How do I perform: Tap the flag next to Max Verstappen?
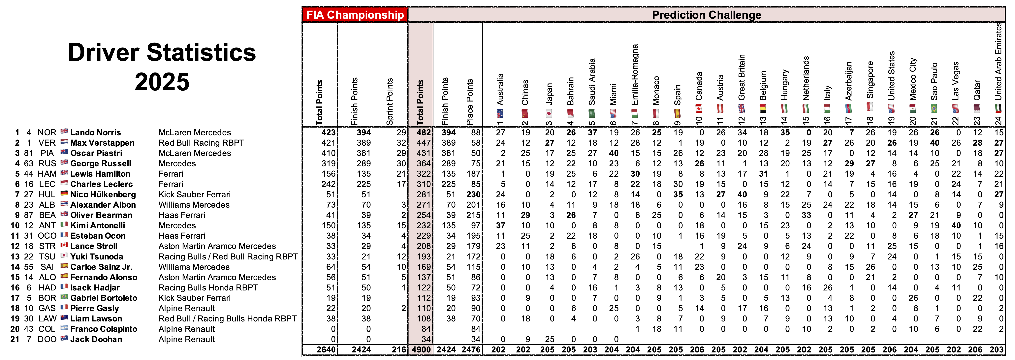(64, 142)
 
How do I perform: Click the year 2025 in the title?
(162, 82)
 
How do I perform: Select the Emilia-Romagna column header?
(634, 75)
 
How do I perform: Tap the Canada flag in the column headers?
(699, 108)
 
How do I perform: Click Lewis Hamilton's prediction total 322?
(424, 174)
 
